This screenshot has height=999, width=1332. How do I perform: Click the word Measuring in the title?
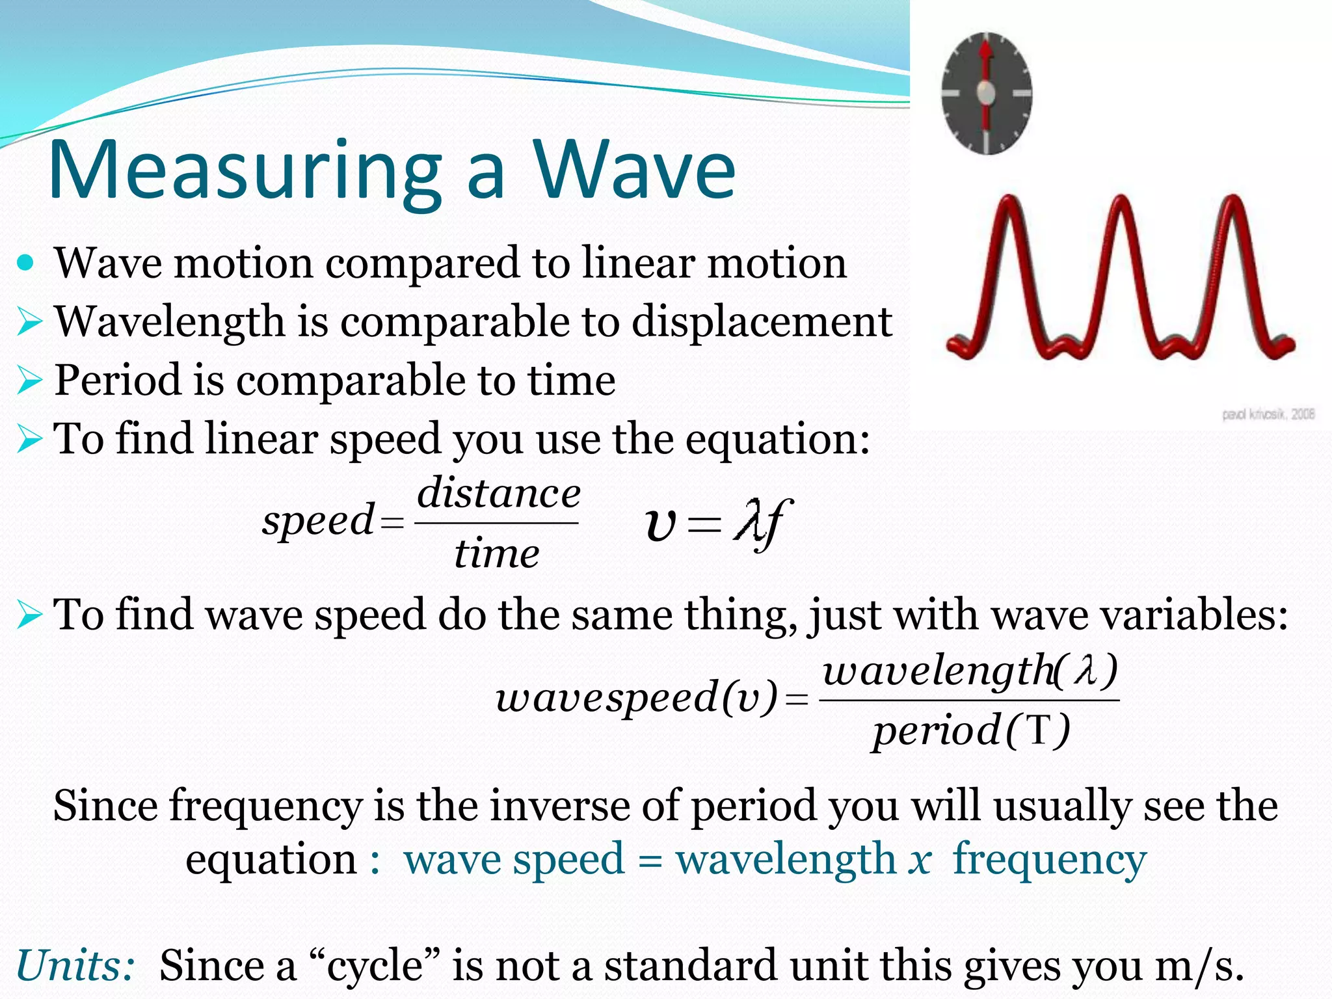click(x=244, y=170)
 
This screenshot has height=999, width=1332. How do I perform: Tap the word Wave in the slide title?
click(x=634, y=170)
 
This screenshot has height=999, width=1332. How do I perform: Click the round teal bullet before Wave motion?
click(x=26, y=263)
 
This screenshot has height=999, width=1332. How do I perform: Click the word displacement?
click(x=761, y=322)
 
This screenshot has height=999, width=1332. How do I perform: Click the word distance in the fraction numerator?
click(x=498, y=494)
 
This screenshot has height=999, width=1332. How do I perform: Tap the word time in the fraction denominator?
click(x=496, y=554)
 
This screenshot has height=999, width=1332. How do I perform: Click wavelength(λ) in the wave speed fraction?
click(x=969, y=671)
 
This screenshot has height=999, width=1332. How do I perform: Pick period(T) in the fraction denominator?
click(x=970, y=730)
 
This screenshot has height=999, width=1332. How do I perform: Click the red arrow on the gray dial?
click(x=986, y=65)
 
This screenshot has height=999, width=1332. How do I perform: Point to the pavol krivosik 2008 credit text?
click(x=1268, y=414)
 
